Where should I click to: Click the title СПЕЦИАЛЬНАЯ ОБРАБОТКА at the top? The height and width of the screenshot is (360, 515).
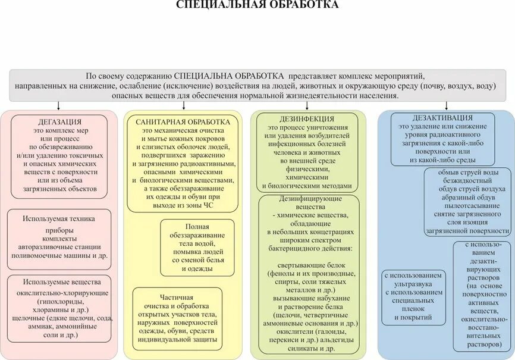tap(257, 5)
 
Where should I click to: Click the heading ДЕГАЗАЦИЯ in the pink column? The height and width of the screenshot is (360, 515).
tap(59, 121)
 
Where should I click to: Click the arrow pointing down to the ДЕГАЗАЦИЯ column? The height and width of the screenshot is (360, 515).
tap(58, 105)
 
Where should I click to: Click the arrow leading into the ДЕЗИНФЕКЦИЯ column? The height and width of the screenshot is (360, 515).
tap(306, 105)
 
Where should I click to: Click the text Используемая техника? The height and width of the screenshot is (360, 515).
tap(59, 218)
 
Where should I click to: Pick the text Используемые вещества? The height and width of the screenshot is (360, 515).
tap(58, 281)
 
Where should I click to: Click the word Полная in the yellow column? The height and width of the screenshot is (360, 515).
tap(197, 227)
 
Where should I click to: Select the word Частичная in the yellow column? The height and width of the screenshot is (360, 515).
tap(177, 296)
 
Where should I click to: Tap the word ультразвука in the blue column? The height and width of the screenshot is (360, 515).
tap(413, 284)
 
